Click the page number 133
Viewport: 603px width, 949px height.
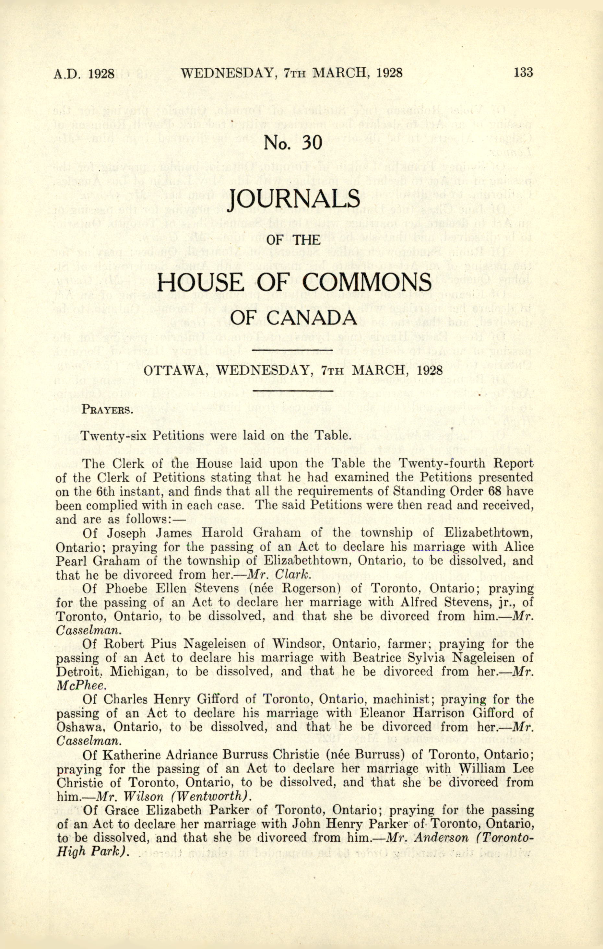tap(523, 73)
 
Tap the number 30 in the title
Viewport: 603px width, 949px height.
tap(312, 143)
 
